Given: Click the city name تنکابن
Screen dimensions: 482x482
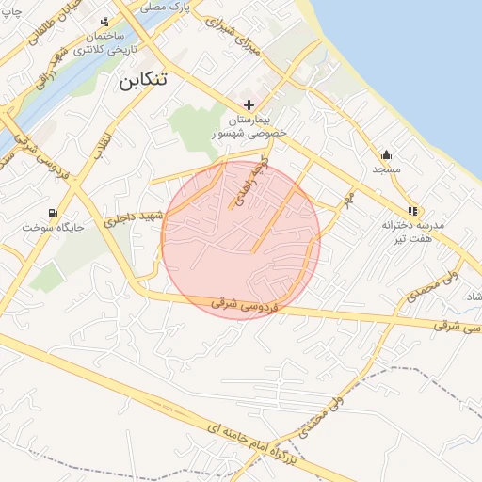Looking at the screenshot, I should click(x=144, y=80).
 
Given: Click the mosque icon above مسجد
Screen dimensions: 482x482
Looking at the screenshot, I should click(x=385, y=154).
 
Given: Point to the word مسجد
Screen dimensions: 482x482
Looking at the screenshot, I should click(x=386, y=169).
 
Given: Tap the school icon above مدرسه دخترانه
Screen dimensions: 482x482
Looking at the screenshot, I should click(x=412, y=212).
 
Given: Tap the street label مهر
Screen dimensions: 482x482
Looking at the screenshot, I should click(x=348, y=200).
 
